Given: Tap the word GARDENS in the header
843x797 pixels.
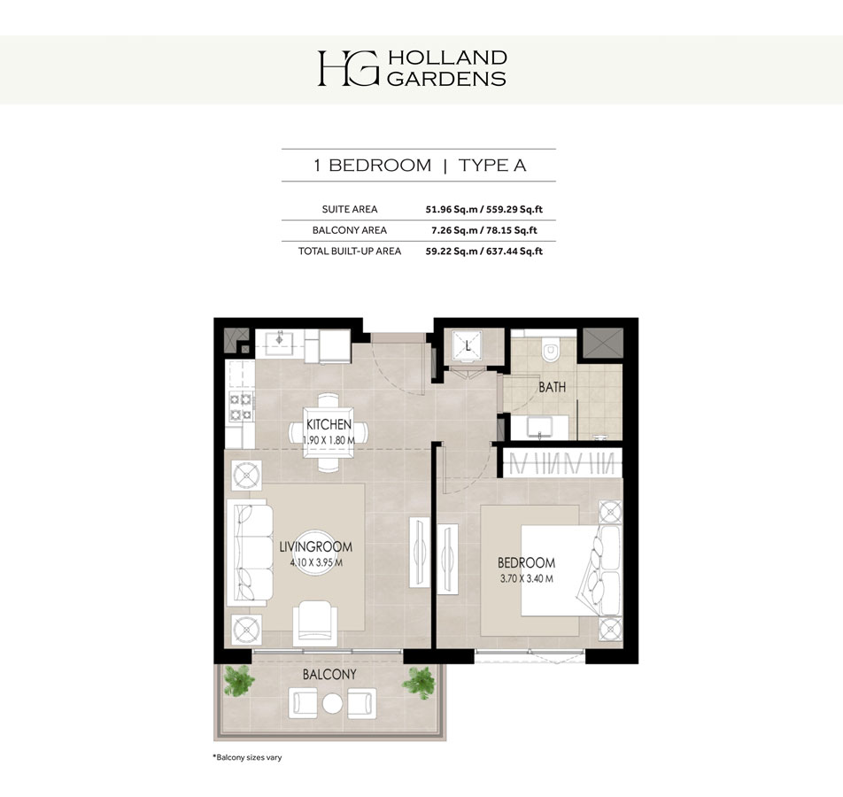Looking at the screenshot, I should coord(446,78).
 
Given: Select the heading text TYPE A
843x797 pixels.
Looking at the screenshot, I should coord(493,166).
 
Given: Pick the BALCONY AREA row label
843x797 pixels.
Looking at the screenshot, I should coord(349,230).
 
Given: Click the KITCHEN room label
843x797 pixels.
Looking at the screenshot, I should coord(329,425).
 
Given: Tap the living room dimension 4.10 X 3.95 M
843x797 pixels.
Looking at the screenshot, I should coord(315,561).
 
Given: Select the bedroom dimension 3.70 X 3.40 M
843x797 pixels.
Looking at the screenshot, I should coord(526,579).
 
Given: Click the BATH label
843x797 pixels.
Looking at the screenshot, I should coord(552,387).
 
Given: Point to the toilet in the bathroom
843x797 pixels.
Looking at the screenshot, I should coord(553,352).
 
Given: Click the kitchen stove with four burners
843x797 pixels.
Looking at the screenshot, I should coord(241,406).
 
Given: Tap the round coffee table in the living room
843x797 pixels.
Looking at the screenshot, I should coord(314,554).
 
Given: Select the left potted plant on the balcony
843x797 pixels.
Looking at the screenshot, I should coord(240,680).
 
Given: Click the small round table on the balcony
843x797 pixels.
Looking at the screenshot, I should coord(332,704).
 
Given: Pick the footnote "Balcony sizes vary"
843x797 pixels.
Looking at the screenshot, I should coord(247,758).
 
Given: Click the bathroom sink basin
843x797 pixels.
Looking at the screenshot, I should coord(539,427).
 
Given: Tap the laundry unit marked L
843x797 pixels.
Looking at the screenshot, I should coord(468,346).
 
